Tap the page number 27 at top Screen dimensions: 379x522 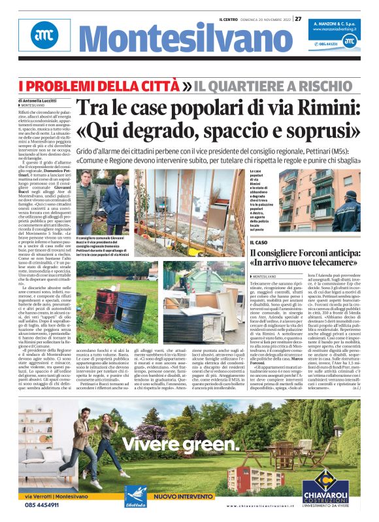pos(298,19)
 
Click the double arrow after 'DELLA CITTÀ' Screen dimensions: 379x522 pos(169,86)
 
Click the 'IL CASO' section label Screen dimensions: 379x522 pos(261,243)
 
